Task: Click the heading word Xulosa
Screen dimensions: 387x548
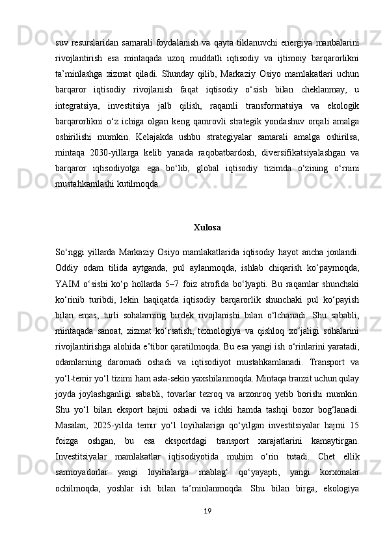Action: [x=207, y=228]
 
